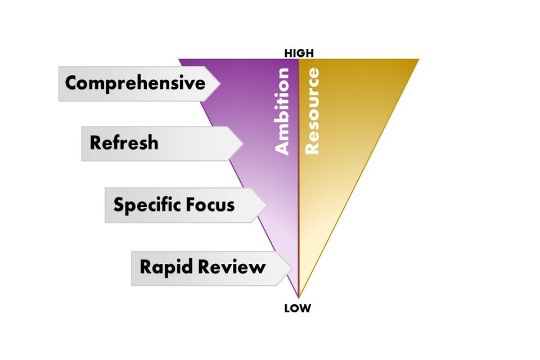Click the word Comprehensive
pyautogui.click(x=135, y=83)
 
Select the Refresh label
pyautogui.click(x=124, y=143)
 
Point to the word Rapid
pyautogui.click(x=163, y=267)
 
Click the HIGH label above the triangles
pyautogui.click(x=299, y=53)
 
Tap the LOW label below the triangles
pyautogui.click(x=298, y=308)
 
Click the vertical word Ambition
pyautogui.click(x=282, y=111)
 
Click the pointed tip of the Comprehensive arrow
pyautogui.click(x=220, y=84)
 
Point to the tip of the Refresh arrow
pyautogui.click(x=242, y=143)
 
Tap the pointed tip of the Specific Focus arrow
pyautogui.click(x=266, y=205)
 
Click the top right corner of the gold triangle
pyautogui.click(x=418, y=59)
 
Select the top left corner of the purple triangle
pyautogui.click(x=179, y=59)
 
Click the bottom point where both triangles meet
pyautogui.click(x=298, y=297)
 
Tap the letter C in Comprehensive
pyautogui.click(x=71, y=83)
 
